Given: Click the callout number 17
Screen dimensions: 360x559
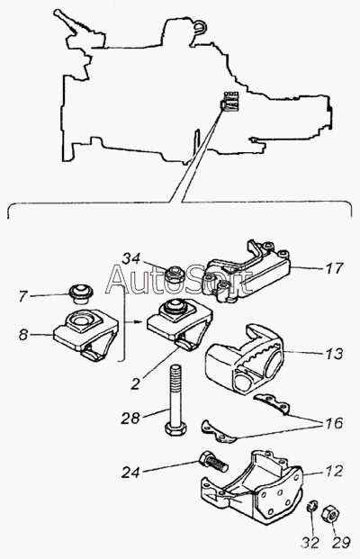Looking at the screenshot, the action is (334, 268).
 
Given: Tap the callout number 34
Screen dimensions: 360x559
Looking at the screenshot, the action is (131, 259).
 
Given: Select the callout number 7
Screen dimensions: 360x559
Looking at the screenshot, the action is (22, 296).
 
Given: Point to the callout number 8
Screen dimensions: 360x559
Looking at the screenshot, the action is (23, 335).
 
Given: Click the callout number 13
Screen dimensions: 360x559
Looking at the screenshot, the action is (334, 354).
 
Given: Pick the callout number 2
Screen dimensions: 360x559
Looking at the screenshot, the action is (135, 384).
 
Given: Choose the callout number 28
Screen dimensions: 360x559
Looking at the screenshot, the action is (130, 418).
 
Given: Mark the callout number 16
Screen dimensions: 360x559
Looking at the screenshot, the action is (334, 423).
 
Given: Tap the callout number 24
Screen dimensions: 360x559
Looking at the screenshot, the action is (130, 473).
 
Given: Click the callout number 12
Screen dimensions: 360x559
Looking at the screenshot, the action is (334, 472).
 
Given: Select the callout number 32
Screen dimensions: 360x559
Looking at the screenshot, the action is (310, 543).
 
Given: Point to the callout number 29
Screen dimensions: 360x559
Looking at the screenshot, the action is (341, 543).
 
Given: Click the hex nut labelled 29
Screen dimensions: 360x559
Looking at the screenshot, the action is (331, 514).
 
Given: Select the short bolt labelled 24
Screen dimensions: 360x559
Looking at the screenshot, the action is (214, 461).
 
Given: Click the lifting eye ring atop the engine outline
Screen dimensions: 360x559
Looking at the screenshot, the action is (201, 26).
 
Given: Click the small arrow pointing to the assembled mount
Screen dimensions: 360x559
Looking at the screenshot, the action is (139, 321).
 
